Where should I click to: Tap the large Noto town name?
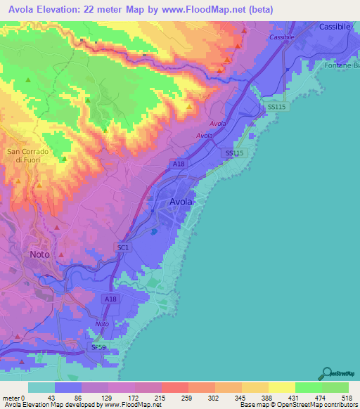[40, 254]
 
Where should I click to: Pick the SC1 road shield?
[123, 247]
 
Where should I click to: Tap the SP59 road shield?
[98, 347]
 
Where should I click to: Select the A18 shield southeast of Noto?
[110, 299]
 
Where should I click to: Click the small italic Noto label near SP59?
[102, 323]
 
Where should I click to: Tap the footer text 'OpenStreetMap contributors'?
[314, 405]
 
